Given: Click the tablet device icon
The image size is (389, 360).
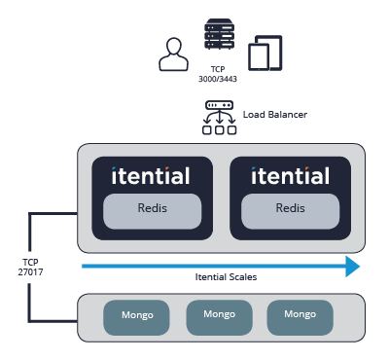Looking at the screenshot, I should pyautogui.click(x=264, y=53).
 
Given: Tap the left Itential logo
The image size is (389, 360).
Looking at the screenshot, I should pyautogui.click(x=151, y=176).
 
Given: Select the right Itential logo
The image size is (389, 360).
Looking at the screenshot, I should pyautogui.click(x=289, y=176).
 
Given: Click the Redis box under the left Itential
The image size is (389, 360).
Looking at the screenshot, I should pyautogui.click(x=153, y=209).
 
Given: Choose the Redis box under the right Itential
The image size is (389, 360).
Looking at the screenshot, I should pyautogui.click(x=290, y=209).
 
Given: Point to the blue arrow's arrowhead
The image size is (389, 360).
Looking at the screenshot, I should pyautogui.click(x=353, y=265).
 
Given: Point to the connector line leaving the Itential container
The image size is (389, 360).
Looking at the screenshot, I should pyautogui.click(x=53, y=216).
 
